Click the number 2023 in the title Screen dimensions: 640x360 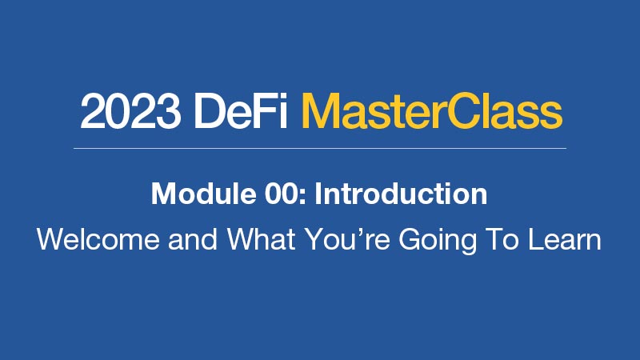click(x=130, y=111)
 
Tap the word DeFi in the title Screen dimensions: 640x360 click(x=241, y=110)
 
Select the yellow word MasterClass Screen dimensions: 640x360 click(x=431, y=110)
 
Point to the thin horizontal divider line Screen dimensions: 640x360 click(x=320, y=148)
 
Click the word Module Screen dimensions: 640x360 click(x=204, y=194)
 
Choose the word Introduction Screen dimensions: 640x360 click(x=401, y=194)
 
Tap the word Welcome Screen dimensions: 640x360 click(x=98, y=239)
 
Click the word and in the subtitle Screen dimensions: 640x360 click(x=193, y=239)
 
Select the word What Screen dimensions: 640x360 click(x=262, y=239)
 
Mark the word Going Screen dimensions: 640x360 click(x=438, y=241)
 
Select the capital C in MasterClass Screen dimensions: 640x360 click(x=464, y=110)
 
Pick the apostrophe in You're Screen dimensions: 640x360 click(x=364, y=232)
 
